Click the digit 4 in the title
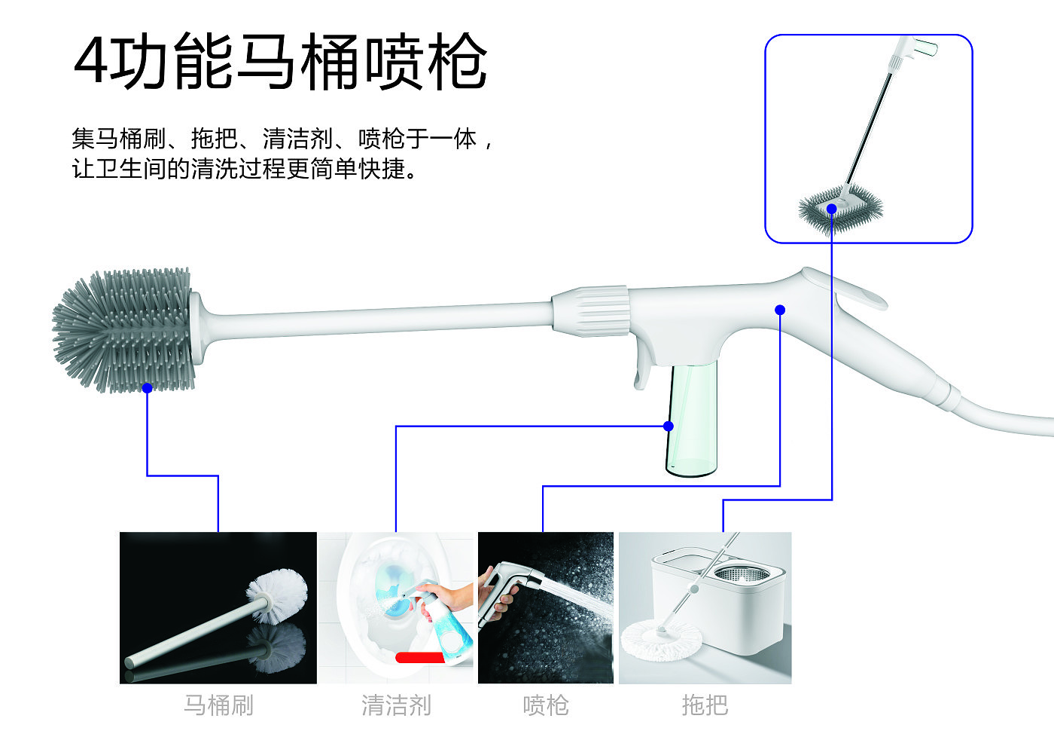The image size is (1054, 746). coord(91,61)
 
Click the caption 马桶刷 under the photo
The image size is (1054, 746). coord(218,705)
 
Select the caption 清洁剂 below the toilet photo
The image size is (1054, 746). coord(396,705)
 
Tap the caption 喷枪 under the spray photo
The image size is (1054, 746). coord(546,705)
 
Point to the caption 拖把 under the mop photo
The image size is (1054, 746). coord(705,705)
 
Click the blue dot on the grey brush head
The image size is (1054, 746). coord(148,388)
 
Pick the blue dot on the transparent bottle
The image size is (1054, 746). coord(669,427)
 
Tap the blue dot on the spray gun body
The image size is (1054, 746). coord(780,310)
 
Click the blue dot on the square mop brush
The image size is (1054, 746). coord(832,209)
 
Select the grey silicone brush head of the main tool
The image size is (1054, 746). coord(123,330)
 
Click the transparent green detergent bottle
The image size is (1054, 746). coord(692,419)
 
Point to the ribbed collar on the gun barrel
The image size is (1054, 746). coord(592,310)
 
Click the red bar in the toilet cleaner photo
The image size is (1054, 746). coord(420,657)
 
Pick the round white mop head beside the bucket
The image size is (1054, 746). coord(661,640)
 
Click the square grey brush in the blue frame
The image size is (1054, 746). coord(840,209)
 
